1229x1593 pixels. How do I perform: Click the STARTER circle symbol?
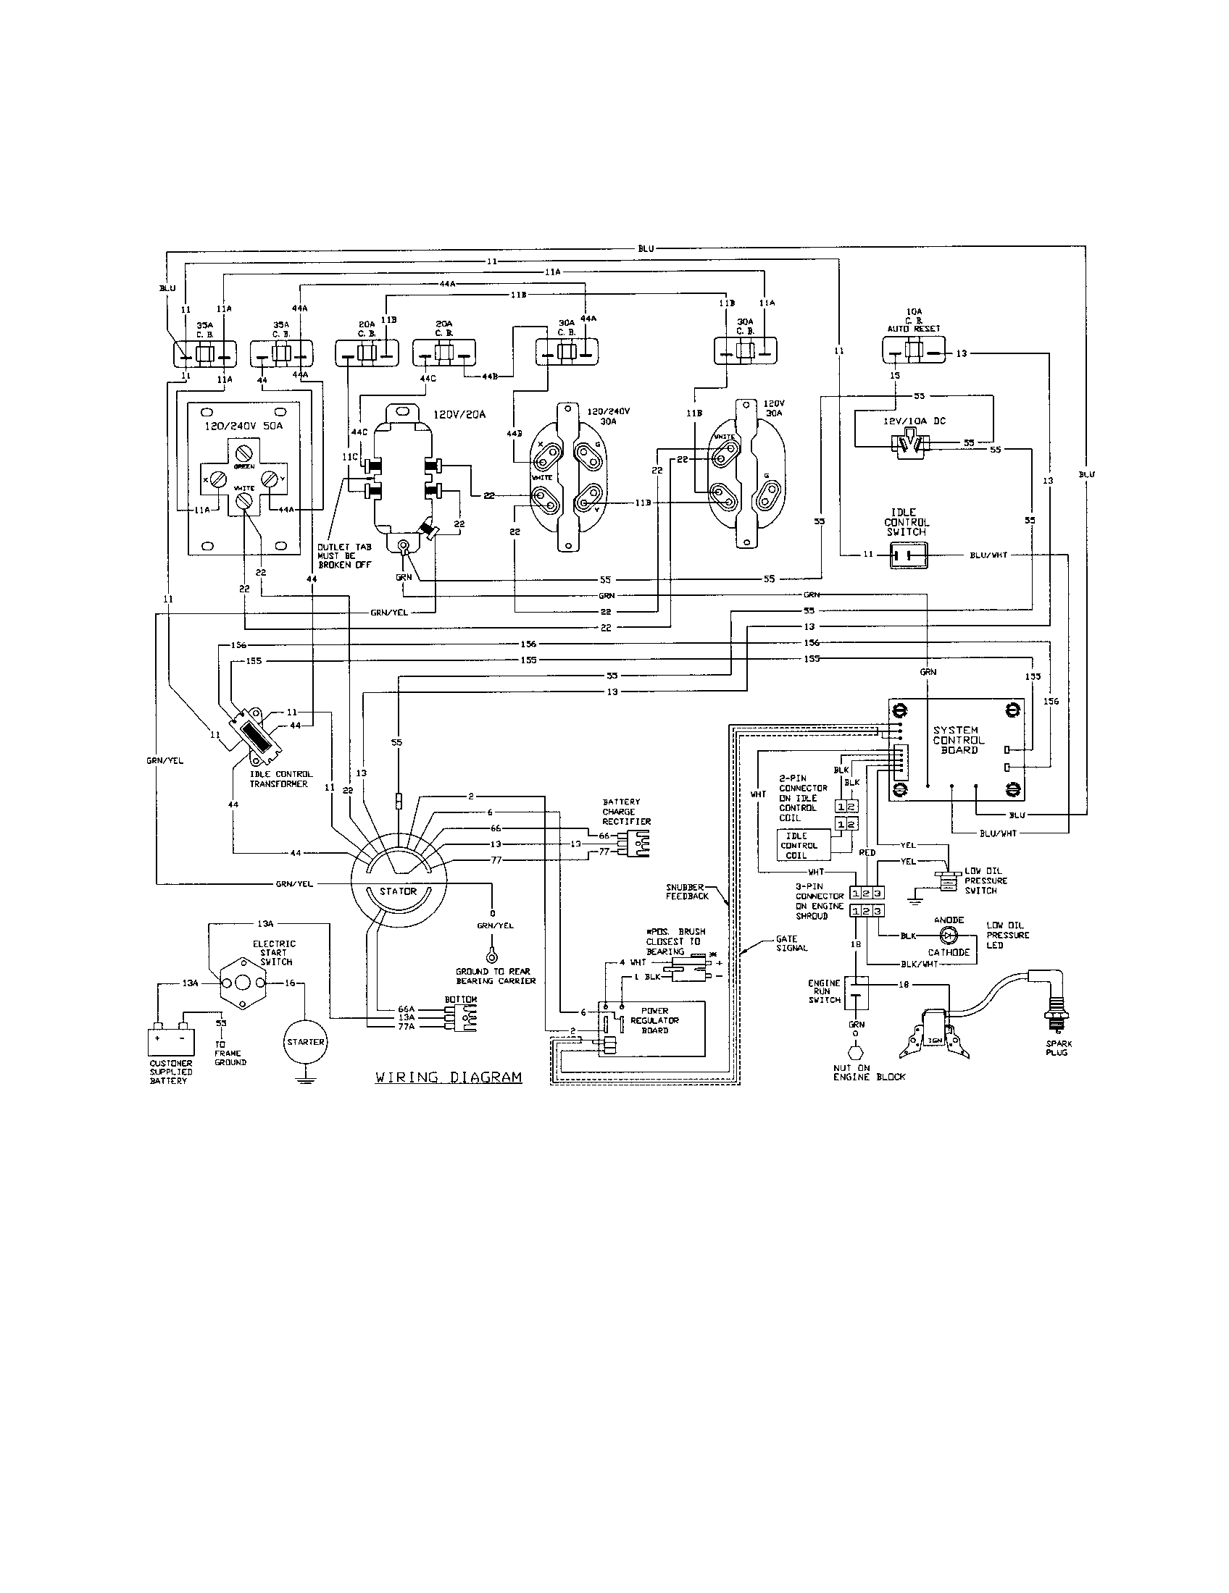(x=305, y=1041)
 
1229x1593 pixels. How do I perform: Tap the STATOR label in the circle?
(x=398, y=891)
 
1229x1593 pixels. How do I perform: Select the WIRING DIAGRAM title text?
(x=448, y=1077)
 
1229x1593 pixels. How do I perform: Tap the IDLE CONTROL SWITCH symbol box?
(x=908, y=555)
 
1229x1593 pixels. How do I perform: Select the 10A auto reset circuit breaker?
(x=912, y=353)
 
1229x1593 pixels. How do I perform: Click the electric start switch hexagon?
(x=242, y=983)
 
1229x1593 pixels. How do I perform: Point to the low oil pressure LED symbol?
(x=949, y=934)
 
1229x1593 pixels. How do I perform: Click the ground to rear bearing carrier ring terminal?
(x=492, y=955)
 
